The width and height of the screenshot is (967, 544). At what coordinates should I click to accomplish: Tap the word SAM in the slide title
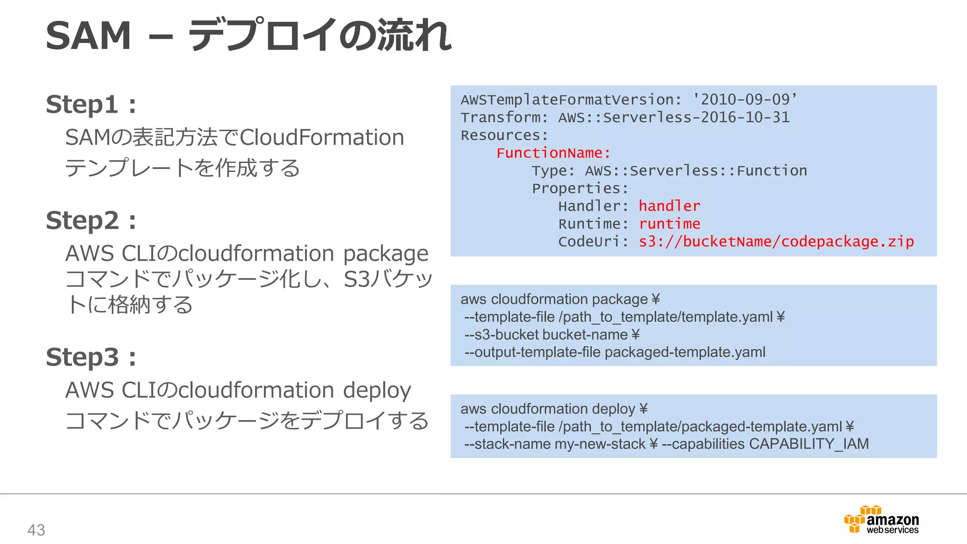coord(88,36)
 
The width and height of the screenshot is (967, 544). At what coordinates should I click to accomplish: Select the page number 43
coord(36,530)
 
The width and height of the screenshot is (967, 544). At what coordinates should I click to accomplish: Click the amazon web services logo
coord(881,520)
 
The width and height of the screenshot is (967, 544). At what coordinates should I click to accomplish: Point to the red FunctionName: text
coord(553,153)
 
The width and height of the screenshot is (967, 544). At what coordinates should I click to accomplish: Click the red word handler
coord(669,206)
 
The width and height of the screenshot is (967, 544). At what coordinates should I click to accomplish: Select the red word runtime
coord(669,224)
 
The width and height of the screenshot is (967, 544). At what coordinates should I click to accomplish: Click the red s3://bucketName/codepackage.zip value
coord(776,242)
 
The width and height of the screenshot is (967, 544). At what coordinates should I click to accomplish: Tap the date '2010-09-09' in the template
coord(745,100)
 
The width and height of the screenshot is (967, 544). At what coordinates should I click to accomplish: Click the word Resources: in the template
coord(504,136)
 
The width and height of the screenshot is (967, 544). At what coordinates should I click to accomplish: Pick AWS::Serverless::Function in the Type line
coord(696,170)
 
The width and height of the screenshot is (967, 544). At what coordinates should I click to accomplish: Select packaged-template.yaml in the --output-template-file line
coord(685,352)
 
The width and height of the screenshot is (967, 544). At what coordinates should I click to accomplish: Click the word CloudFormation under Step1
coord(322,138)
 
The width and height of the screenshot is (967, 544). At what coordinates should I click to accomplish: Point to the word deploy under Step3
coord(376,391)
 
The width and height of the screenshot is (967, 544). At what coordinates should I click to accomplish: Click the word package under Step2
coord(385,254)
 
